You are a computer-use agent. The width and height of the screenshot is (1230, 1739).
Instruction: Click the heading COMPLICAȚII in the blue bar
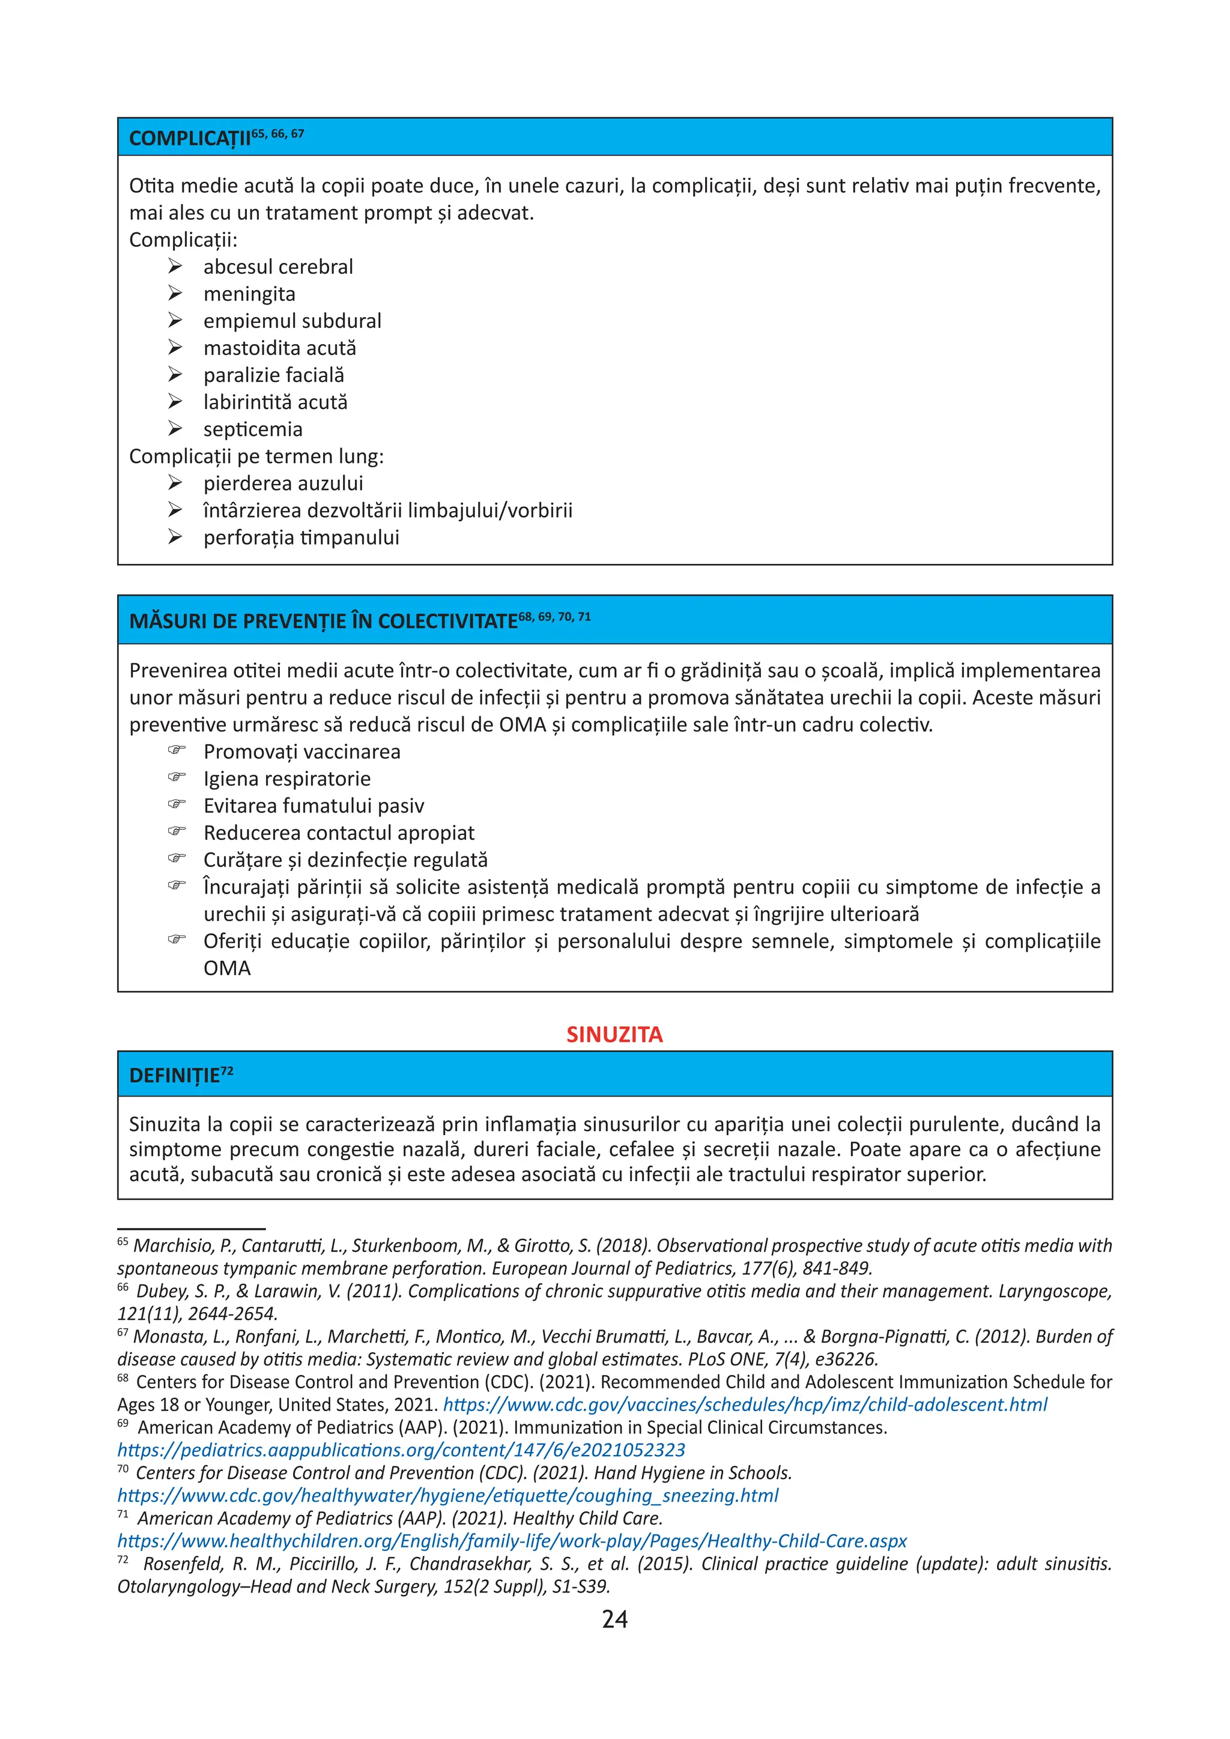click(x=189, y=139)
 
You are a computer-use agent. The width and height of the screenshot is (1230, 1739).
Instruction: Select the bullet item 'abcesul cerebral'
click(x=278, y=267)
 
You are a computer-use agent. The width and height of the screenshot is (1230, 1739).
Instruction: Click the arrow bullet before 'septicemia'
click(x=175, y=429)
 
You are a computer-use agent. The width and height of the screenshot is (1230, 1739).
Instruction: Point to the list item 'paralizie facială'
click(x=273, y=375)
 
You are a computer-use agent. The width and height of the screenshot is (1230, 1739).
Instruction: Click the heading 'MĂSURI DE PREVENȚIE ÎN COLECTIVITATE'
click(x=323, y=621)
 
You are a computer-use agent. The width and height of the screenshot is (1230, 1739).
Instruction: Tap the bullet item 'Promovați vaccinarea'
click(x=301, y=751)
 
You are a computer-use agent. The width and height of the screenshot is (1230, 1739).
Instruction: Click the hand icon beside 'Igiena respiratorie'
click(x=177, y=777)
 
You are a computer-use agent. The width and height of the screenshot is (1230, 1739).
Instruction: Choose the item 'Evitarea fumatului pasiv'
click(x=314, y=806)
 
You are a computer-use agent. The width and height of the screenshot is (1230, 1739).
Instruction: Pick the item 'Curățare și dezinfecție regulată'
click(x=345, y=860)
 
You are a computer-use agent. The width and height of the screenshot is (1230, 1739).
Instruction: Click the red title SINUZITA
click(x=614, y=1035)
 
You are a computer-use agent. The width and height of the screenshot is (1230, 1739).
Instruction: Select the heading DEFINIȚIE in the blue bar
click(x=174, y=1075)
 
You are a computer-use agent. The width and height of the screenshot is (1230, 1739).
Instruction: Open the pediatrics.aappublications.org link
click(x=401, y=1450)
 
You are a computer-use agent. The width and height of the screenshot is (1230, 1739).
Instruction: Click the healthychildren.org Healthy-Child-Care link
click(x=511, y=1541)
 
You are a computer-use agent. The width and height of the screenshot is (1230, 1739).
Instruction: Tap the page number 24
click(x=614, y=1620)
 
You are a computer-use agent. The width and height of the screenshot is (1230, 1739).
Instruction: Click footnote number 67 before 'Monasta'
click(x=123, y=1332)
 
